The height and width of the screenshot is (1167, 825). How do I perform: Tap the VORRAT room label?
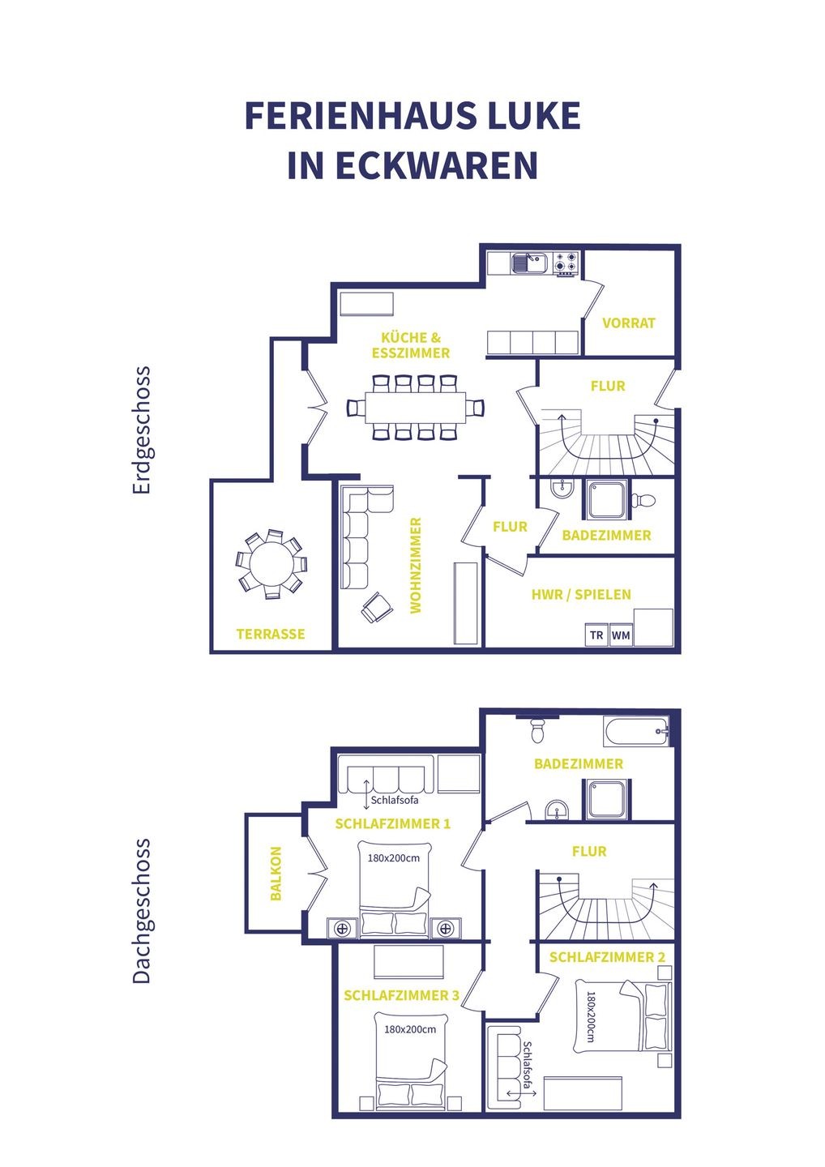tap(629, 323)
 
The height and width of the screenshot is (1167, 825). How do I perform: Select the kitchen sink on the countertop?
tap(528, 263)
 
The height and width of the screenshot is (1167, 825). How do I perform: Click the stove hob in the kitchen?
tap(566, 263)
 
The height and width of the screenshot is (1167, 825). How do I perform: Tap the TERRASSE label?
tap(271, 634)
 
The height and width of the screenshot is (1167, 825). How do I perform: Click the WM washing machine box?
tap(621, 635)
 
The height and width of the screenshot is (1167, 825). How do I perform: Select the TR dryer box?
tap(596, 635)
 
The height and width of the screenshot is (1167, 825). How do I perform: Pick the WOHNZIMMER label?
tap(415, 566)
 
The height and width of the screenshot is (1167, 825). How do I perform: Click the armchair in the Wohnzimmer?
tap(377, 607)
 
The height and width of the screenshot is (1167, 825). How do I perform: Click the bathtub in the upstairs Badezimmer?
tap(636, 732)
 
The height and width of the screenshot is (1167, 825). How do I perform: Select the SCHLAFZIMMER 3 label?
tap(402, 995)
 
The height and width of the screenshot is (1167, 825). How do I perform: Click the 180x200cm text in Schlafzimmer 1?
tap(394, 858)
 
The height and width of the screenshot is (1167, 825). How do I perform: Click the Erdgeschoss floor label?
tap(141, 430)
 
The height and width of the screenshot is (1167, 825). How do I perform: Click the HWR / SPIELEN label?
tap(581, 595)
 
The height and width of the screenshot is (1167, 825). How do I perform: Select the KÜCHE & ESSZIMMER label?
tap(411, 345)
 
